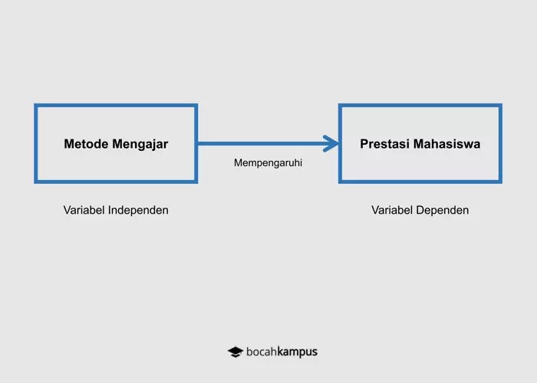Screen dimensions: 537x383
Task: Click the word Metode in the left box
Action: (x=86, y=144)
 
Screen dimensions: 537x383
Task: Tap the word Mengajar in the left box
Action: (x=140, y=144)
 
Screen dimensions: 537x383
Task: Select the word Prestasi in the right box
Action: (x=384, y=144)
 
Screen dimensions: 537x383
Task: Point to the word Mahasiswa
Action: (x=446, y=144)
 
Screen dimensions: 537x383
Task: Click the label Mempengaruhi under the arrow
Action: (x=268, y=162)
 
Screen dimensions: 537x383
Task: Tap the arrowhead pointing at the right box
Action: (x=331, y=143)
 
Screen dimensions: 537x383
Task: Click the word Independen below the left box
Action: (x=138, y=210)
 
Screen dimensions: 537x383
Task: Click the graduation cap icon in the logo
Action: (x=235, y=352)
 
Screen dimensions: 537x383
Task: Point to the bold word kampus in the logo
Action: (x=298, y=352)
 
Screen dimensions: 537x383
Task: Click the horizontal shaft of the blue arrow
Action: (x=261, y=143)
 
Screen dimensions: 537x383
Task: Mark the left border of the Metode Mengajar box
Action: (x=36, y=144)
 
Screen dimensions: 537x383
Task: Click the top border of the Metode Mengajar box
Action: (x=116, y=106)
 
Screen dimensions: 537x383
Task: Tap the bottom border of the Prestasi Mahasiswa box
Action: (x=420, y=181)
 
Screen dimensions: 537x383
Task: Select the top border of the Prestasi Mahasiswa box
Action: (x=420, y=106)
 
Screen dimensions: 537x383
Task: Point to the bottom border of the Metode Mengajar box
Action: (x=116, y=181)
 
